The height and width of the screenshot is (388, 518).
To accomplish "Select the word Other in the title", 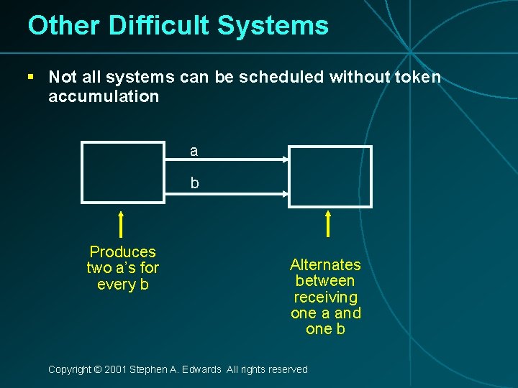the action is click(x=63, y=26).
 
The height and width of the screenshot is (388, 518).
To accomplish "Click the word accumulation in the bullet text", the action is click(x=103, y=96).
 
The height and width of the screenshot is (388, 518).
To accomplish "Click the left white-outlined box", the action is click(x=123, y=172).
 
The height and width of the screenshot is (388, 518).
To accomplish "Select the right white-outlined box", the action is click(x=330, y=177).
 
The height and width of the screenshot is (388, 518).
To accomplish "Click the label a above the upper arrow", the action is click(x=194, y=151).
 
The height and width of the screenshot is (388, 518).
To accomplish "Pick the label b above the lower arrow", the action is click(x=194, y=183).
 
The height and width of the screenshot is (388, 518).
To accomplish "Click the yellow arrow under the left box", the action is click(x=122, y=224).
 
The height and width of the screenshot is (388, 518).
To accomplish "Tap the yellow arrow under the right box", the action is click(x=328, y=223).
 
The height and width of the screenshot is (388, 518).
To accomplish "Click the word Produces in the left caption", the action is click(x=122, y=252).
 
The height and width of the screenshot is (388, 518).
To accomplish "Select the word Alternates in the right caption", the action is click(x=325, y=265).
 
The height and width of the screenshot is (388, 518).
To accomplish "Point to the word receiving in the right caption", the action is click(x=325, y=297).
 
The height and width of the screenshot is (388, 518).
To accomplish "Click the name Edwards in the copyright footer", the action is click(x=204, y=369).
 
